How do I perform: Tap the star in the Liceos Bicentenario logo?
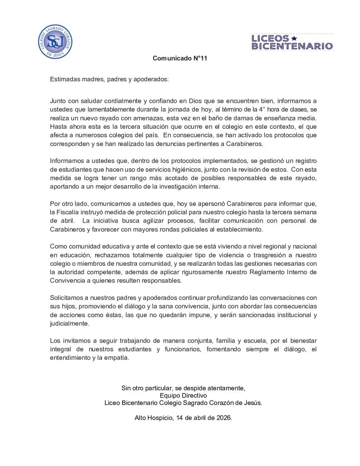[x=294, y=38]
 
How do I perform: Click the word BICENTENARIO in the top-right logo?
[x=292, y=46]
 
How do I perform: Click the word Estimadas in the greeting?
[x=63, y=79]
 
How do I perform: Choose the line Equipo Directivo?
[x=183, y=395]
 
